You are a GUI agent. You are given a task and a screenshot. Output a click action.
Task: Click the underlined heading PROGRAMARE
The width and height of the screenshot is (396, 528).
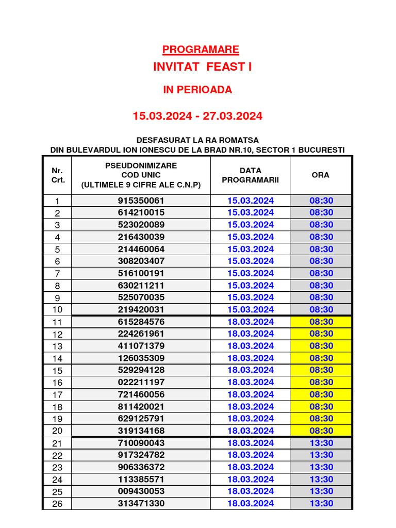pos(201,50)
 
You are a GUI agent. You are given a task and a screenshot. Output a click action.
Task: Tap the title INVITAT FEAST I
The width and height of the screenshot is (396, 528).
pos(202,67)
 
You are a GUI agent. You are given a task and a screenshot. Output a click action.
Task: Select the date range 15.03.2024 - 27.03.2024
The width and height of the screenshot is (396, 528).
pos(197,116)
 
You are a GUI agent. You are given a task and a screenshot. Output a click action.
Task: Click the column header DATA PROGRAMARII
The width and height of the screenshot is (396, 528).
pos(250,175)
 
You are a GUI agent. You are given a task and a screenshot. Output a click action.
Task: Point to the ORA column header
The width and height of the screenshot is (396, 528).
pos(321,175)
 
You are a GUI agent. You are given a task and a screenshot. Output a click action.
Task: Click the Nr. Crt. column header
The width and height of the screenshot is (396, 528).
pos(58,175)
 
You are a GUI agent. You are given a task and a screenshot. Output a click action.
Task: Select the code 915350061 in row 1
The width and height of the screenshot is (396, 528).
pos(141,201)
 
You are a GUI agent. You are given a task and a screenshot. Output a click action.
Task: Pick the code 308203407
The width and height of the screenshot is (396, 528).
pos(141,261)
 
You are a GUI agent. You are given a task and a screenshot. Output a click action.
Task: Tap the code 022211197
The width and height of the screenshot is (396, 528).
pos(141,382)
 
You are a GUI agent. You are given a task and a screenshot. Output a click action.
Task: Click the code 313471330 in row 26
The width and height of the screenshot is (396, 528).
pos(141,503)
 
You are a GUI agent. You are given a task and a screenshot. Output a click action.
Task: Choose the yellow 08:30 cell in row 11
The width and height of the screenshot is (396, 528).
pos(321,322)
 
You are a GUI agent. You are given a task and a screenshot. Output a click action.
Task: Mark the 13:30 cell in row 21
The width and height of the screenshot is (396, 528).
pos(321,443)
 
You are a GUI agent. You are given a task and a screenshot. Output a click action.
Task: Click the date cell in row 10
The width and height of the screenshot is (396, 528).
pos(251,309)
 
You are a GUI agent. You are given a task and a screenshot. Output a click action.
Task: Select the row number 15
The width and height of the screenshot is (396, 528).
pos(57,371)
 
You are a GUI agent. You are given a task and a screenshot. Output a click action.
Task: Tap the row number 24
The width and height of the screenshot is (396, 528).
pos(57,480)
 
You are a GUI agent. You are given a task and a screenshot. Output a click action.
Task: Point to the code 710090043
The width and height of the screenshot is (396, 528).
pos(141,443)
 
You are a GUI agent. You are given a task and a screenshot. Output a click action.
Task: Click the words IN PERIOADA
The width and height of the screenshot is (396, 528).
pos(197,90)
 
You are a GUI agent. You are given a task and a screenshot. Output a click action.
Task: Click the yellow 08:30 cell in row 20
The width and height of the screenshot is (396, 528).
pos(321,431)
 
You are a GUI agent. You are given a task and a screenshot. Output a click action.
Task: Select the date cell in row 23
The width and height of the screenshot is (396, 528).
pos(251,467)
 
